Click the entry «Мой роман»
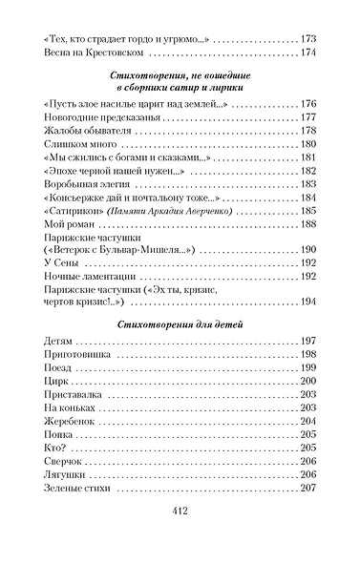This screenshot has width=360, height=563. pos(66,224)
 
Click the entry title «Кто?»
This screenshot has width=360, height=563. pos(56,448)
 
